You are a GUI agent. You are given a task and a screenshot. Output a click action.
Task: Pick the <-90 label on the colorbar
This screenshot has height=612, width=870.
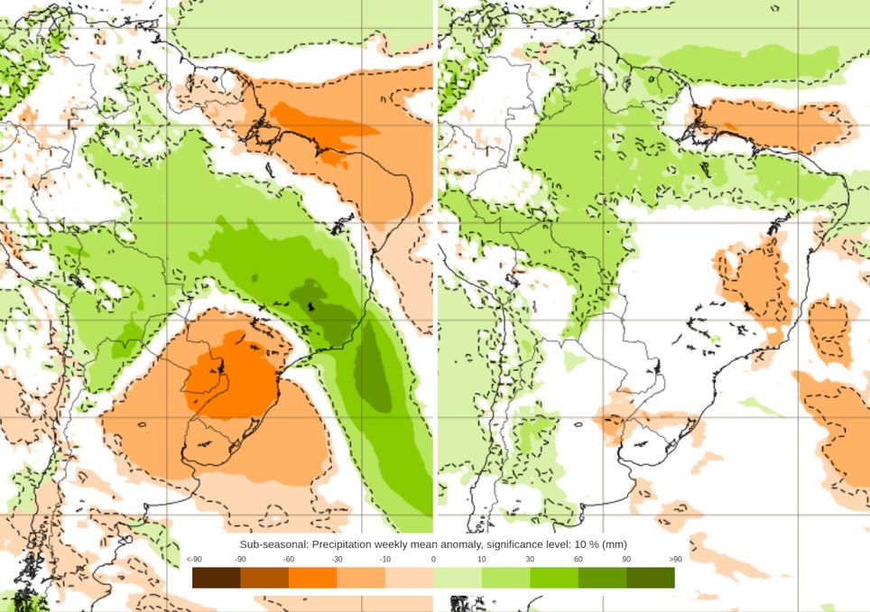pos(193,560)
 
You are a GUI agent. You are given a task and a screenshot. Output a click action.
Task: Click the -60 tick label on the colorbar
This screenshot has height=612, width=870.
pos(289,560)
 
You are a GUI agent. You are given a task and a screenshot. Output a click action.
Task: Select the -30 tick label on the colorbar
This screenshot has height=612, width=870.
pos(337,560)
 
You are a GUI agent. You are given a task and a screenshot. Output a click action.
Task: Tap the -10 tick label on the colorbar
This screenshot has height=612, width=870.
pos(385,560)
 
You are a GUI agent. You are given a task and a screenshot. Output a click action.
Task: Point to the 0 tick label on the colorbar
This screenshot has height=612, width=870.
pos(433,560)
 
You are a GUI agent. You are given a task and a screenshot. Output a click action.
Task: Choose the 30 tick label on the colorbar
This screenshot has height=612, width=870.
pos(530,560)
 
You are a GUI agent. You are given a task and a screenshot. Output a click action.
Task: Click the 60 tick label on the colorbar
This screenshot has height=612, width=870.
pos(578,560)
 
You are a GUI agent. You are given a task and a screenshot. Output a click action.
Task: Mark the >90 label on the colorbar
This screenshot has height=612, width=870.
pos(674,560)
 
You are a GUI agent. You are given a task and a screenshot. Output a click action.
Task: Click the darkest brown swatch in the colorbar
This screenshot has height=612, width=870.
pos(217,578)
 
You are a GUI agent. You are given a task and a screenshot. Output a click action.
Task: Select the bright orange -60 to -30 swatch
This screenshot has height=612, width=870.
pos(313,578)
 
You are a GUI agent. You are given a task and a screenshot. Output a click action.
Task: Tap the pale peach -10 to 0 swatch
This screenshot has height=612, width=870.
pos(410,578)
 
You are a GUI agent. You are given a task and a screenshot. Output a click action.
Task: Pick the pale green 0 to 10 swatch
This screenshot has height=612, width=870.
pos(458,578)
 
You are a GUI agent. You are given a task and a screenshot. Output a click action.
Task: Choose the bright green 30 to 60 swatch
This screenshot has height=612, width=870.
pos(554,578)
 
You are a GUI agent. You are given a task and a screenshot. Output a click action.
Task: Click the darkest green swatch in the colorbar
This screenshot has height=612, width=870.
pos(651,578)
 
